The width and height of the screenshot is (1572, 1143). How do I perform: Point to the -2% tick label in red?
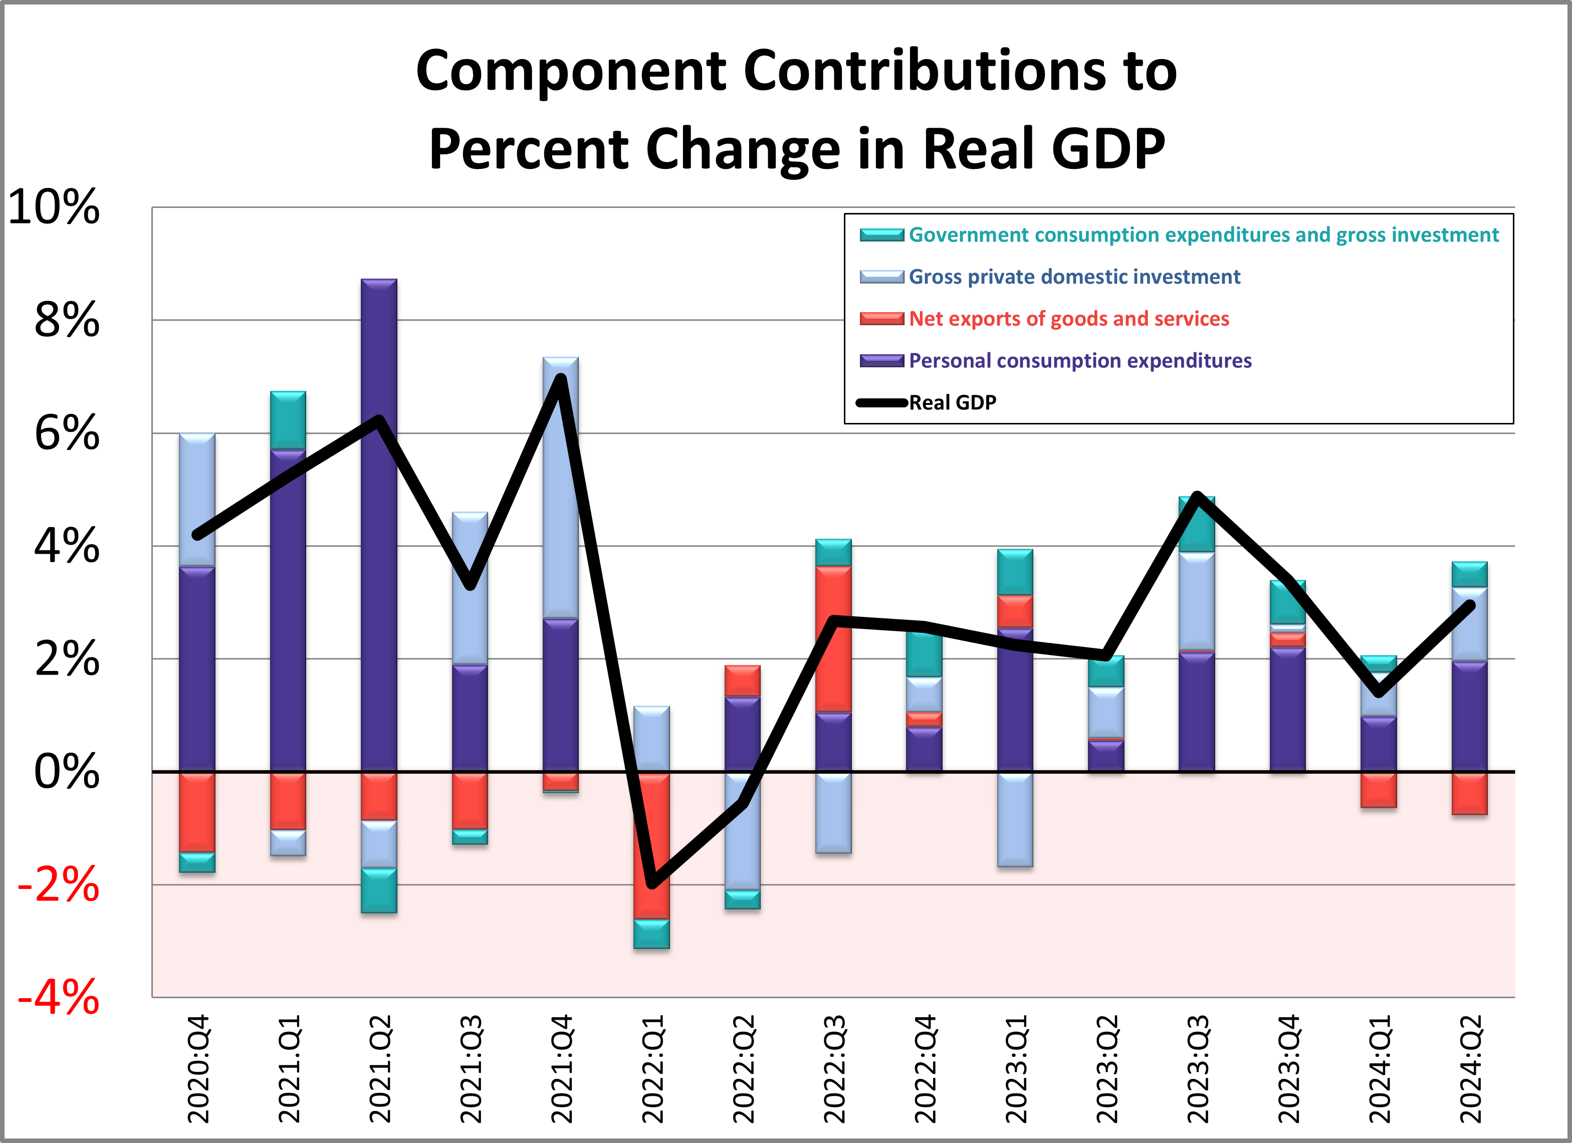click(59, 884)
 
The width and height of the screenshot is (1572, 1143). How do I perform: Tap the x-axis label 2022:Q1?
click(652, 1069)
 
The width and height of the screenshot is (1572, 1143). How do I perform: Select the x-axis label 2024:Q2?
click(1470, 1069)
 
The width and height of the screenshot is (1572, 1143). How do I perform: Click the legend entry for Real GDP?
click(952, 403)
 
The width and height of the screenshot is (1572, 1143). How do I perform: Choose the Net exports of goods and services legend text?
click(1069, 319)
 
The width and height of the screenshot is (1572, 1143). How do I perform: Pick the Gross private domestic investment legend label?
click(1074, 277)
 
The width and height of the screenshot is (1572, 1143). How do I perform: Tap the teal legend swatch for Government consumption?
click(881, 235)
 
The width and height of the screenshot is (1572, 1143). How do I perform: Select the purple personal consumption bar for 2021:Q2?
click(379, 527)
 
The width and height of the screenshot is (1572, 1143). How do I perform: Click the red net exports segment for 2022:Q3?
click(833, 638)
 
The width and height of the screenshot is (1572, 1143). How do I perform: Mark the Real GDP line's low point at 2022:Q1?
click(651, 884)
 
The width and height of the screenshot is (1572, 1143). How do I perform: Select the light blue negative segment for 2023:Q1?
click(1015, 819)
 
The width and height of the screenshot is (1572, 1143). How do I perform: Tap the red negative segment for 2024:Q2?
click(1469, 794)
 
